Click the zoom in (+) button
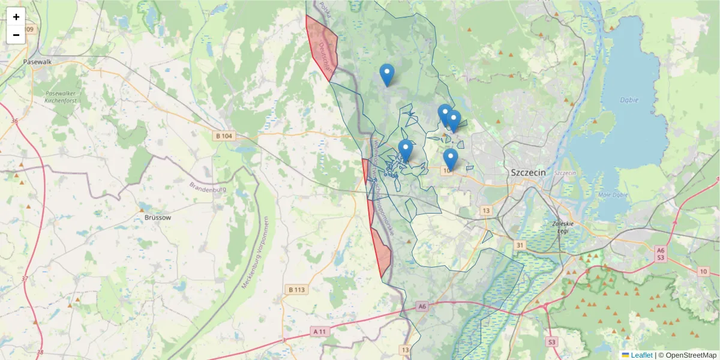coord(16,17)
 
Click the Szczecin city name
coord(528,172)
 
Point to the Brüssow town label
coord(158,218)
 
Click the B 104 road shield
coord(223,136)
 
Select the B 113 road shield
coord(296,290)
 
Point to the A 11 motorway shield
coord(320,331)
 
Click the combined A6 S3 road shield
coord(661,254)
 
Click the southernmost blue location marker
coord(450,159)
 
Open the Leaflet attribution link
coord(641,355)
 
